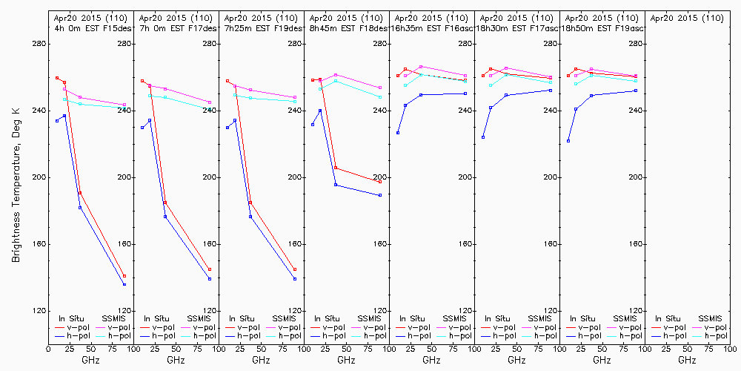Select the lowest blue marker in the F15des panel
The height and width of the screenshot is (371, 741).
coord(124,284)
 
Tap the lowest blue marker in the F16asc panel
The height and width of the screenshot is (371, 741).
coord(398,133)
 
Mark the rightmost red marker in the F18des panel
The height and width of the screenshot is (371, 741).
coord(380,182)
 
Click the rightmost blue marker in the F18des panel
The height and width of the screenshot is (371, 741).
coord(380,195)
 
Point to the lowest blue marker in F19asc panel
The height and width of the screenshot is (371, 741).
coord(568,141)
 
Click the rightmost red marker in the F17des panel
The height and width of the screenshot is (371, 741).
coord(210,269)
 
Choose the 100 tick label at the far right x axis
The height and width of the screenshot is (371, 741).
coord(729,347)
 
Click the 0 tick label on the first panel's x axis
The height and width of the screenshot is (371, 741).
coord(48,347)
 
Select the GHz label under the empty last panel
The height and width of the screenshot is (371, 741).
coord(687,360)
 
